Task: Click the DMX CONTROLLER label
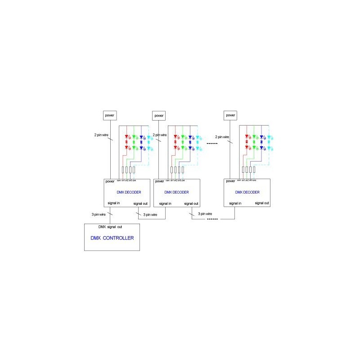tap(112, 238)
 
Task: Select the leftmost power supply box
tap(110, 115)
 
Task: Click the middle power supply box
tap(159, 116)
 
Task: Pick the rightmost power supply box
tap(230, 115)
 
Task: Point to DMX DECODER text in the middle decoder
tap(177, 192)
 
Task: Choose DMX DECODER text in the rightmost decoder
tap(247, 192)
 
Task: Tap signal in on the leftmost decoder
tap(112, 203)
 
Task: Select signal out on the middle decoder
tap(190, 203)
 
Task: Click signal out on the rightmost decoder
tap(261, 203)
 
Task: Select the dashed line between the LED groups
tap(212, 144)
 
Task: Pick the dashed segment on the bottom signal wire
tap(212, 219)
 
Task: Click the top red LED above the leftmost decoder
tap(126, 136)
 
